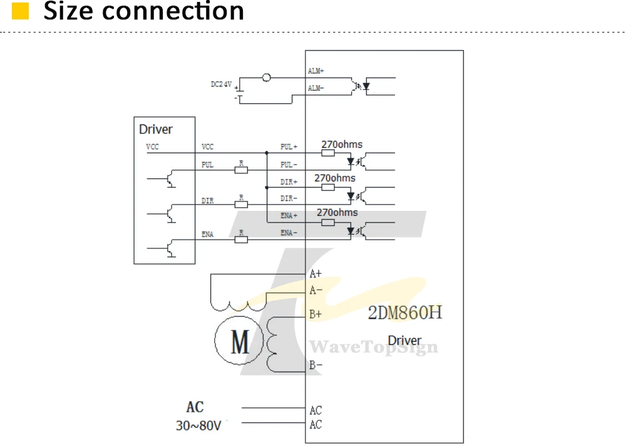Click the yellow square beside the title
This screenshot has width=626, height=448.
(21, 11)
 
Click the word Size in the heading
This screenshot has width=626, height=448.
(68, 11)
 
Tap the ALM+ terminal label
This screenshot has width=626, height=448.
(316, 71)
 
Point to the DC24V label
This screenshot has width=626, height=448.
(221, 84)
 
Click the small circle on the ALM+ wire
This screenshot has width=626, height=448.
(266, 78)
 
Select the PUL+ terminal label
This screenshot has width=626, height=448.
(289, 147)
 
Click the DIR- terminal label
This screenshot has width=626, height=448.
(289, 198)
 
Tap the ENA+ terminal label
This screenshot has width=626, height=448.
(289, 215)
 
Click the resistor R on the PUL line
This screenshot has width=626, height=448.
(241, 170)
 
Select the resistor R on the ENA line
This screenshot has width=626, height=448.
(241, 240)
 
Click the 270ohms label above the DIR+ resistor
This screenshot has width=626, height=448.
(334, 178)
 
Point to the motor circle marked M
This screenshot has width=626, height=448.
(239, 340)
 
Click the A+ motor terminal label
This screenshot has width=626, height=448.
(316, 273)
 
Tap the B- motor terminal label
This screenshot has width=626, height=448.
(316, 365)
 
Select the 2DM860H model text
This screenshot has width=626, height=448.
(405, 312)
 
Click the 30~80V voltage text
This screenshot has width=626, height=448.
(198, 425)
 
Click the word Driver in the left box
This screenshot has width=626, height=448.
(156, 130)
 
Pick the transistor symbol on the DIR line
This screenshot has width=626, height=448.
(170, 213)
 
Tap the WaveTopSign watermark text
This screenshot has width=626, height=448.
(374, 347)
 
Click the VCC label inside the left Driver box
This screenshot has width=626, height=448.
(153, 147)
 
